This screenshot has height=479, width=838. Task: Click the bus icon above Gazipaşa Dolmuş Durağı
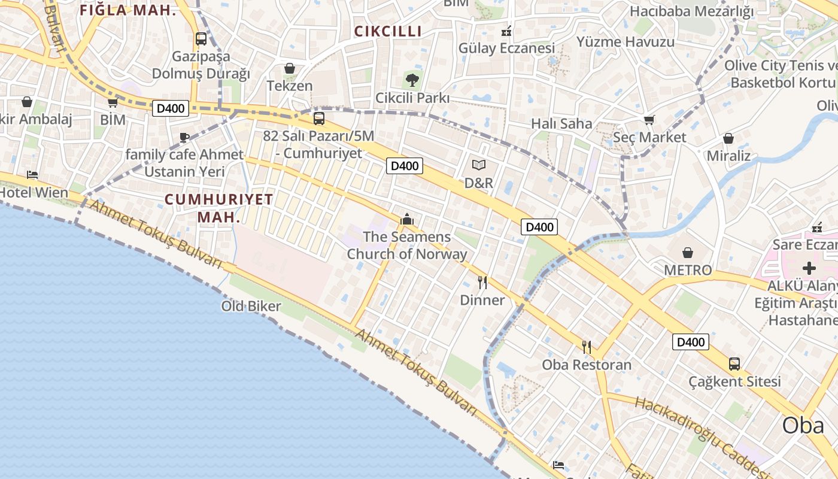click(x=201, y=39)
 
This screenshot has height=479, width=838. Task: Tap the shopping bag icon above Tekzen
click(x=290, y=68)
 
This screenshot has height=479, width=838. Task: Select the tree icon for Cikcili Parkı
click(x=412, y=80)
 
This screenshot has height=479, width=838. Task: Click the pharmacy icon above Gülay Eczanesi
click(x=506, y=30)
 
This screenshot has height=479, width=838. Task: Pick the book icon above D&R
click(x=479, y=165)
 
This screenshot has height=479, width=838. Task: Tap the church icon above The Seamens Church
click(x=407, y=219)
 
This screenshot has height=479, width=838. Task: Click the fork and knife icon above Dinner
click(x=482, y=282)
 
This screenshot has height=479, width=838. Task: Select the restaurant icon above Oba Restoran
click(x=587, y=347)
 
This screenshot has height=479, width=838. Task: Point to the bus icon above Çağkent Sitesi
click(x=734, y=363)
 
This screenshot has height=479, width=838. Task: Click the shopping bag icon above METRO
click(x=688, y=253)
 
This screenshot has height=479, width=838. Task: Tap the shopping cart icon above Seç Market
click(x=649, y=120)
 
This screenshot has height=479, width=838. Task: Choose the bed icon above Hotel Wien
click(x=32, y=175)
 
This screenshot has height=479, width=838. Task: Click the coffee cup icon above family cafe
click(x=184, y=137)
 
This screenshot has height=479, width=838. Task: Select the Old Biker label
click(x=251, y=307)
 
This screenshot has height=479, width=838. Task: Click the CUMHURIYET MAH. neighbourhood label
click(x=219, y=208)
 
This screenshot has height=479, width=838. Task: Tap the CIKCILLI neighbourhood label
click(x=388, y=32)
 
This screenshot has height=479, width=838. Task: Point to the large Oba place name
click(x=803, y=425)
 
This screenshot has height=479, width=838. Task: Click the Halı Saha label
click(x=561, y=124)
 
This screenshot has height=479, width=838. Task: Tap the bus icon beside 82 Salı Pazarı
click(x=319, y=119)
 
